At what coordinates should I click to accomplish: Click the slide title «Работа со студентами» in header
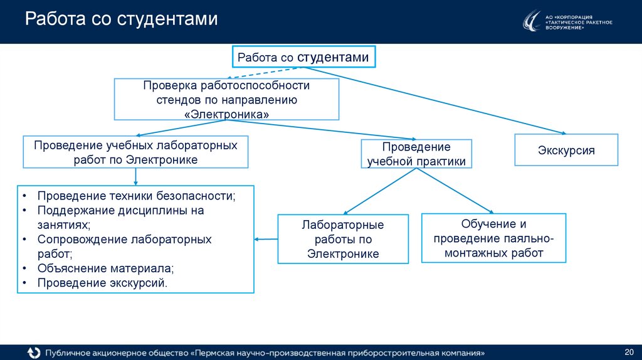pyautogui.click(x=121, y=19)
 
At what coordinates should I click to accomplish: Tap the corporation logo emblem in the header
pyautogui.click(x=531, y=21)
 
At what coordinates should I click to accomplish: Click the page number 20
pyautogui.click(x=629, y=349)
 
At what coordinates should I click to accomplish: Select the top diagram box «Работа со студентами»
pyautogui.click(x=304, y=57)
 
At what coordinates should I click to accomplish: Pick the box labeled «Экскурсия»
pyautogui.click(x=566, y=151)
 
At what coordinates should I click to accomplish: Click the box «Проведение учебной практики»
pyautogui.click(x=416, y=154)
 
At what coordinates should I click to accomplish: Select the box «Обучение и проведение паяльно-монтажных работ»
pyautogui.click(x=493, y=238)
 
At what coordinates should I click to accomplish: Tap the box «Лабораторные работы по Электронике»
pyautogui.click(x=343, y=239)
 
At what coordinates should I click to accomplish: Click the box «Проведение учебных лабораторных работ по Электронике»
pyautogui.click(x=135, y=152)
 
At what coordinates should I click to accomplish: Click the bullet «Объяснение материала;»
pyautogui.click(x=105, y=268)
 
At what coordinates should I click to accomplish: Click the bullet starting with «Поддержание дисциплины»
pyautogui.click(x=120, y=211)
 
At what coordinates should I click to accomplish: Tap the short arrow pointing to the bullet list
pyautogui.click(x=266, y=239)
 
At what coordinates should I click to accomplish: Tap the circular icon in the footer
pyautogui.click(x=33, y=351)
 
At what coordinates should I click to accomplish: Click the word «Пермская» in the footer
pyautogui.click(x=219, y=352)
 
